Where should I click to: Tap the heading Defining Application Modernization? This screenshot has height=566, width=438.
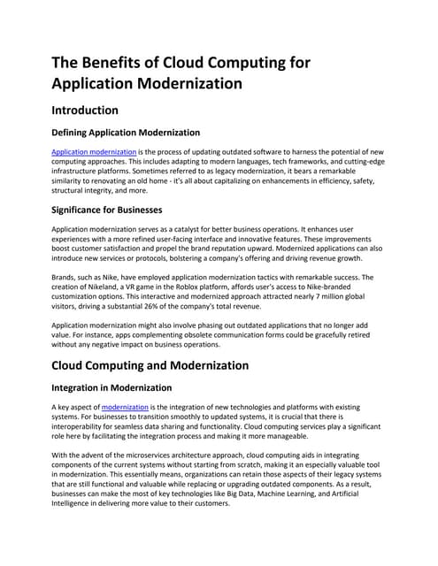pyautogui.click(x=126, y=133)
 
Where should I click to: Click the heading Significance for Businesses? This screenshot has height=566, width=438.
pyautogui.click(x=107, y=210)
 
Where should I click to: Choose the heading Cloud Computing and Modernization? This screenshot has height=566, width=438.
pyautogui.click(x=150, y=365)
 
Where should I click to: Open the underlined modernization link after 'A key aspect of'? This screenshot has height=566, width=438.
pyautogui.click(x=126, y=407)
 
